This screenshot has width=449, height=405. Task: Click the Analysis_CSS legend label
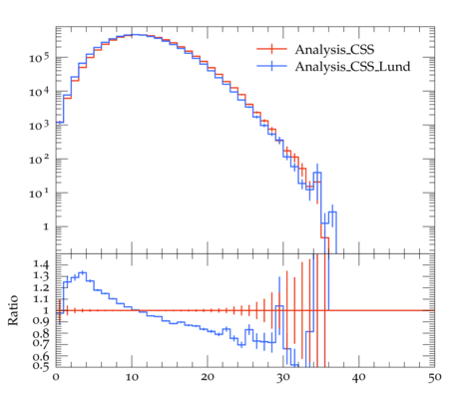pyautogui.click(x=334, y=50)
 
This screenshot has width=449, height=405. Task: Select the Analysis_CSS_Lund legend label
pyautogui.click(x=352, y=67)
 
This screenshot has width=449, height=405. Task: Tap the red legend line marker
pyautogui.click(x=271, y=49)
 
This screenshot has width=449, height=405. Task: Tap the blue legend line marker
pyautogui.click(x=271, y=66)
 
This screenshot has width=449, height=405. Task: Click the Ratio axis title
pyautogui.click(x=13, y=310)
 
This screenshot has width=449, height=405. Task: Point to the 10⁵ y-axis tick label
pyautogui.click(x=39, y=58)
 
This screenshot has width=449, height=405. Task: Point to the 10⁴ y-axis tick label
pyautogui.click(x=39, y=92)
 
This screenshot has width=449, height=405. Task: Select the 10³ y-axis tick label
pyautogui.click(x=39, y=126)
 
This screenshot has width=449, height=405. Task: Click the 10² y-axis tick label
pyautogui.click(x=39, y=160)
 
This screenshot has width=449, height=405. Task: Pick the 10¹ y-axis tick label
pyautogui.click(x=39, y=194)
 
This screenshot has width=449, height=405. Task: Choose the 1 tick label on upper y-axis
pyautogui.click(x=46, y=227)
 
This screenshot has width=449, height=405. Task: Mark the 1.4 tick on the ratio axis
pyautogui.click(x=41, y=264)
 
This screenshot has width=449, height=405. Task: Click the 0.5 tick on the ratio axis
pyautogui.click(x=41, y=366)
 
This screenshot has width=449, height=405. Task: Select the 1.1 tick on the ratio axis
pyautogui.click(x=41, y=299)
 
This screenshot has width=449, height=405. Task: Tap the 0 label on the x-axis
pyautogui.click(x=56, y=377)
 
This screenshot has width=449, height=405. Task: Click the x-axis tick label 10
pyautogui.click(x=132, y=377)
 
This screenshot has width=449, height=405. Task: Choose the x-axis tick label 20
pyautogui.click(x=208, y=377)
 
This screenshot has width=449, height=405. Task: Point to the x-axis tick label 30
pyautogui.click(x=283, y=377)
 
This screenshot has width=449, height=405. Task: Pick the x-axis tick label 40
pyautogui.click(x=359, y=377)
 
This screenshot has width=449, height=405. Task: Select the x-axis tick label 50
pyautogui.click(x=434, y=377)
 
